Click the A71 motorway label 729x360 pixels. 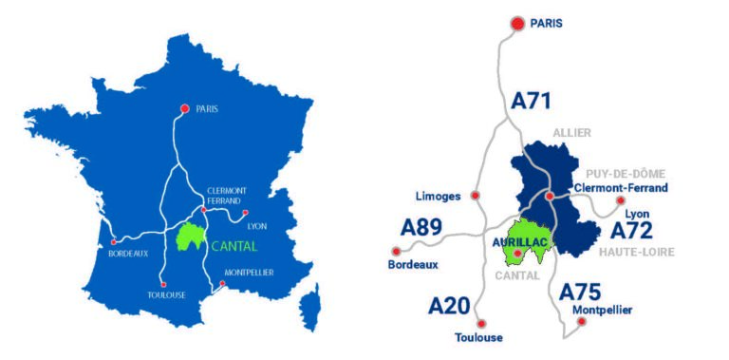coord(532,102)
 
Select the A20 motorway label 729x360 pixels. coord(449,306)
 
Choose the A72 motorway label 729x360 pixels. coord(631,231)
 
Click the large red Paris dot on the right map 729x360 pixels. coord(517,23)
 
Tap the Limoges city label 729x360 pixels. coord(438,196)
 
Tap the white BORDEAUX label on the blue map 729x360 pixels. coord(128,254)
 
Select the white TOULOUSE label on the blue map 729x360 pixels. coord(166,294)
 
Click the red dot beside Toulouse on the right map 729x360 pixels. coord(481,323)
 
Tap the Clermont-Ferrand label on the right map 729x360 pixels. coord(621,188)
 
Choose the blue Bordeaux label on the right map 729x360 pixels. coord(414,265)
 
